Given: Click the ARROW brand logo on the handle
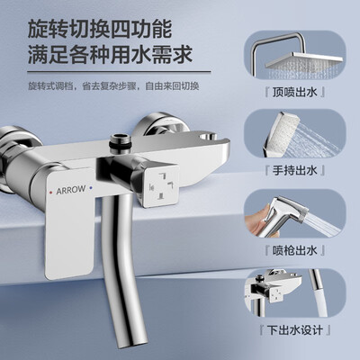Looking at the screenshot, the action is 71,190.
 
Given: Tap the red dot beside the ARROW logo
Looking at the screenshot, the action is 50,192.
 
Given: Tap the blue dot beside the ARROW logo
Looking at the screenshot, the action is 91,188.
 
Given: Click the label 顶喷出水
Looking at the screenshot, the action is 294,92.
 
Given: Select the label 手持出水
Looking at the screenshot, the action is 294,171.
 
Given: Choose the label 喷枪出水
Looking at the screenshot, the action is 294,250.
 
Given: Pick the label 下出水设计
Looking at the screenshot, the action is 295,330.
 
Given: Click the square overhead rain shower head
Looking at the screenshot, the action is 303,62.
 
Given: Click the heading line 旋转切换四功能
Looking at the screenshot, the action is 100,29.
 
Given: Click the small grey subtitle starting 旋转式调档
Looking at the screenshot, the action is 113,86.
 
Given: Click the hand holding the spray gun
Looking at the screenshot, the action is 256,221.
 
